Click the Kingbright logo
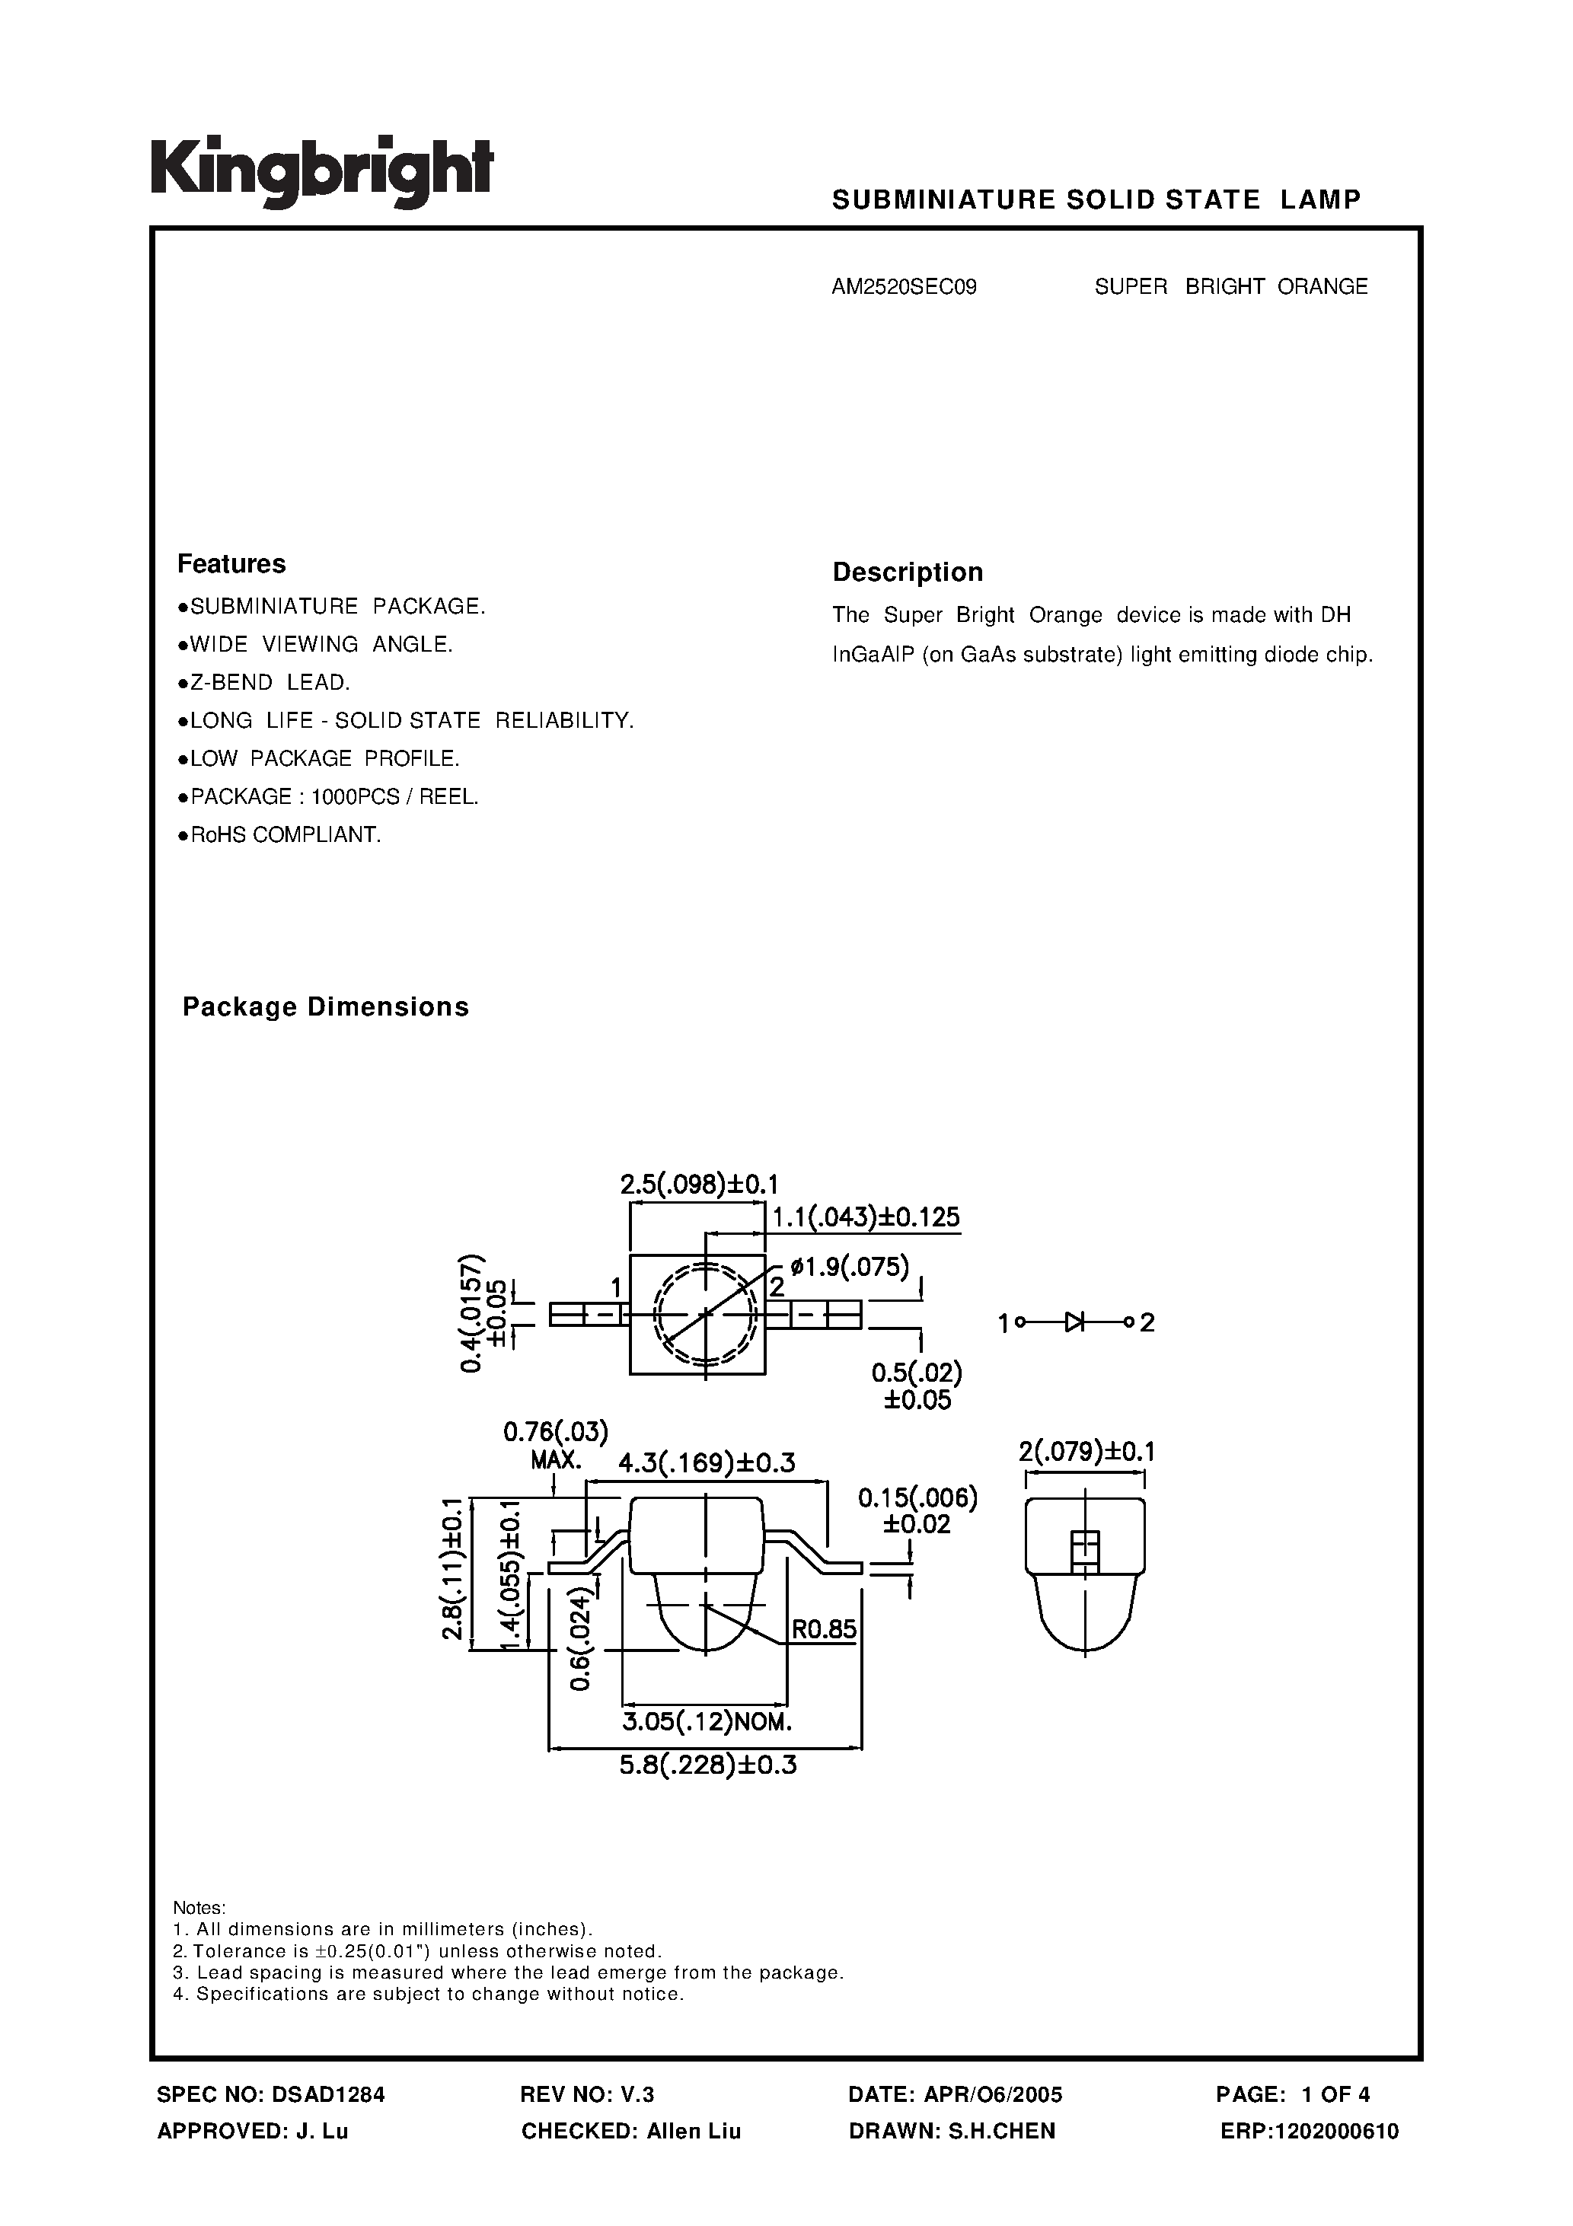(x=322, y=171)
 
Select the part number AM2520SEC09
(x=904, y=287)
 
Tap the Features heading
(x=231, y=563)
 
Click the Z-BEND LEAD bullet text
(x=270, y=683)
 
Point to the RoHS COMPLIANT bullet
(x=285, y=834)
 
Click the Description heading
(x=908, y=572)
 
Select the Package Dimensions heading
(x=326, y=1007)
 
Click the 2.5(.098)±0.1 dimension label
(x=699, y=1184)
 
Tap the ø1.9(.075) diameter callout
(x=850, y=1266)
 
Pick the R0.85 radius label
(x=823, y=1629)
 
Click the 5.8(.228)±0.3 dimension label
(x=708, y=1765)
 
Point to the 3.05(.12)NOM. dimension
(x=708, y=1722)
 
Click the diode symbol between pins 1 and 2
(x=1074, y=1322)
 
